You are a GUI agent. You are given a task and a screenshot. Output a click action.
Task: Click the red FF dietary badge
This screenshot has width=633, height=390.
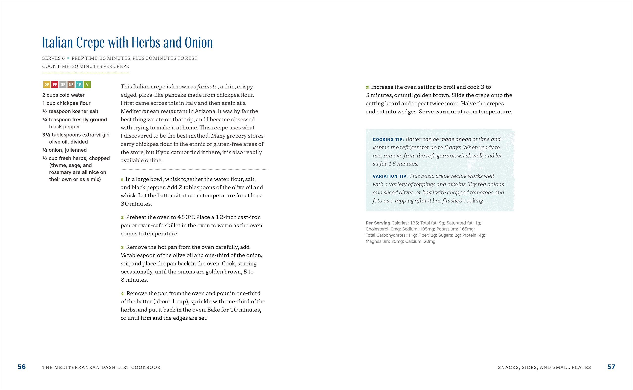55,84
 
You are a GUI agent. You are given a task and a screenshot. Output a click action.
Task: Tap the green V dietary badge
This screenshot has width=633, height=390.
87,84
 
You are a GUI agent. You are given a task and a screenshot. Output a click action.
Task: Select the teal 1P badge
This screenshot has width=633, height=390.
79,84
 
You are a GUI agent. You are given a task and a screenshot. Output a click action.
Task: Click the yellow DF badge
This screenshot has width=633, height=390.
47,84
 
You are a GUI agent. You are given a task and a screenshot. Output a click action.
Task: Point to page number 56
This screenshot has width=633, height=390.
22,367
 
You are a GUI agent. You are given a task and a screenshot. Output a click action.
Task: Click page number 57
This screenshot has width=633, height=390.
611,367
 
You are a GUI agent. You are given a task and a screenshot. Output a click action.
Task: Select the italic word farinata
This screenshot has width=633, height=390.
207,87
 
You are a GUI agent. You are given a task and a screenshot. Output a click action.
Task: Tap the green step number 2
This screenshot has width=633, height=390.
122,217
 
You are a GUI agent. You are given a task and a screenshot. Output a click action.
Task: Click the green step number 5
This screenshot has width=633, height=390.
367,87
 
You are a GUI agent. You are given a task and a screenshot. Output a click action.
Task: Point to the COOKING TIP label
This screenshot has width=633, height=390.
388,140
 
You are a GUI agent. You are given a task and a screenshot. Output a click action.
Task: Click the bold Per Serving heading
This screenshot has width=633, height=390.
378,223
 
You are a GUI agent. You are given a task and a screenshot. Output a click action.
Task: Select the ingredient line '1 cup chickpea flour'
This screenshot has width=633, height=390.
66,103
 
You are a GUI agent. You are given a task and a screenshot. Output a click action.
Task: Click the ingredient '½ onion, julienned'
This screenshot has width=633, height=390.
65,150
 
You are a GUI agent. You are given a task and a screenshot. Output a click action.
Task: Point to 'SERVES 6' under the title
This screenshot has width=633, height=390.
53,58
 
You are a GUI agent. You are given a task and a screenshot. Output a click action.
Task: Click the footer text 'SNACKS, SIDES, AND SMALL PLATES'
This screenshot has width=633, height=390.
544,367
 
